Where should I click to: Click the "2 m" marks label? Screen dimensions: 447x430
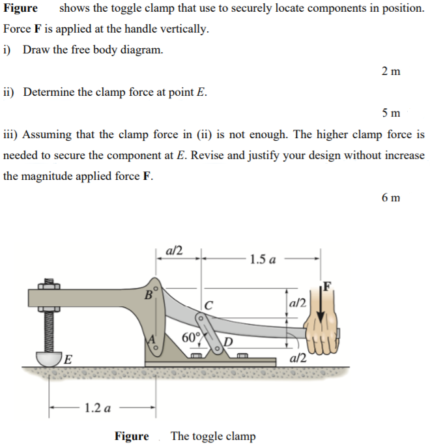[390, 71]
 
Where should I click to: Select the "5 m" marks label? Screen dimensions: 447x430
[391, 113]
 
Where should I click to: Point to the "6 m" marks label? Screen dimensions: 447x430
[391, 197]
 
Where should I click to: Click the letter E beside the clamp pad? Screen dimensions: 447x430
[67, 358]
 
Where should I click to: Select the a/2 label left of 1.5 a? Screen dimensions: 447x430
[175, 250]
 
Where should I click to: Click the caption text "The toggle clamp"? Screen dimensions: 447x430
[212, 436]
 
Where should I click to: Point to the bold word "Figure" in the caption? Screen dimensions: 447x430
[132, 436]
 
